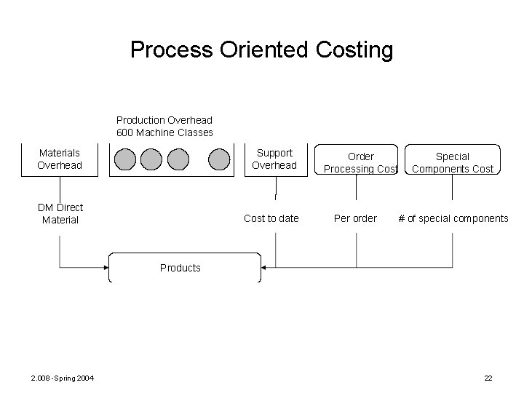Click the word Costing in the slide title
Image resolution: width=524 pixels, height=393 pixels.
355,50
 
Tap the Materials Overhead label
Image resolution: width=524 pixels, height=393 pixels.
60,159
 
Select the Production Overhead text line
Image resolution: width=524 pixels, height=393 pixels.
164,119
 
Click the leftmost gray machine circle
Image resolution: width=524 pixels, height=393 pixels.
124,159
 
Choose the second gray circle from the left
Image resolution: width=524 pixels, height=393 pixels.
151,159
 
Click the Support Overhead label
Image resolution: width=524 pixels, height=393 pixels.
274,159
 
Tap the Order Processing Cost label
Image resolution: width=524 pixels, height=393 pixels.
361,162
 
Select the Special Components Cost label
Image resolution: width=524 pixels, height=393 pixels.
453,162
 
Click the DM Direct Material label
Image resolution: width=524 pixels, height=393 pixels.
60,213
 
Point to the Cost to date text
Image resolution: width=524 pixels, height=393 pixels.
271,218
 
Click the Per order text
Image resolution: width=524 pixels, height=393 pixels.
355,218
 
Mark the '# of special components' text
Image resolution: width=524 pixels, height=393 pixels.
453,218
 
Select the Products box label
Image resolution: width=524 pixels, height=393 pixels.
180,268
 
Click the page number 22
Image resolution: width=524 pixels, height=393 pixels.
488,377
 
